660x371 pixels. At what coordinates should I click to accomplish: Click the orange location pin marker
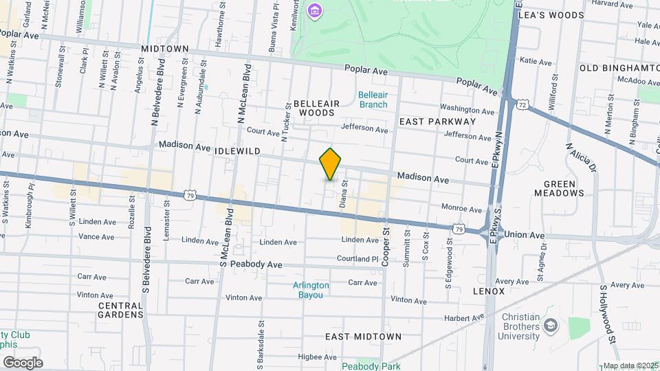coord(330,164)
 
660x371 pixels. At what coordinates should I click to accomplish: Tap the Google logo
coord(23,363)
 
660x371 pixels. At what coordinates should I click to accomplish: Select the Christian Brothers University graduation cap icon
coord(551,324)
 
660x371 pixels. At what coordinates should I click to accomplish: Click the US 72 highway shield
coord(524,104)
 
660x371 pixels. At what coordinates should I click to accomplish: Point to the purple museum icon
coord(315,10)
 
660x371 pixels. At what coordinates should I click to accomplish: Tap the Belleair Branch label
coord(373,100)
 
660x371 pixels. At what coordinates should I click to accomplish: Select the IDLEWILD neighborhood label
coord(237,150)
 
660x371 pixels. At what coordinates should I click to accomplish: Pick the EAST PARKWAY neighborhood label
coord(437,122)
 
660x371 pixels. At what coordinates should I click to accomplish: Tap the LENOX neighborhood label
coord(489,291)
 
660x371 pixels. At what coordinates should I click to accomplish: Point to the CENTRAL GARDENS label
coord(120,310)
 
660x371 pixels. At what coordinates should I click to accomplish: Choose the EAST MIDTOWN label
coord(363,337)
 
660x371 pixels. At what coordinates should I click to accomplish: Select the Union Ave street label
coord(525,235)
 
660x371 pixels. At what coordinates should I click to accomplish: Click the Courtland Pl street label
coord(357,259)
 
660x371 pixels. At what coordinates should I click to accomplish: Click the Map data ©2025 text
coord(629,366)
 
